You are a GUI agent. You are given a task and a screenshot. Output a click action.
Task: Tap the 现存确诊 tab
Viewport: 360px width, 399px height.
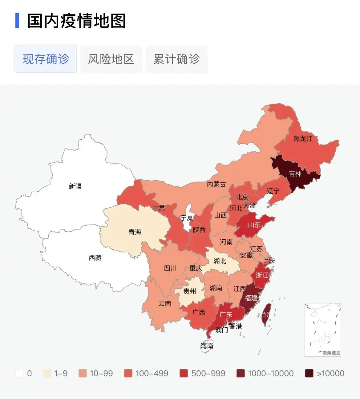pos(46,59)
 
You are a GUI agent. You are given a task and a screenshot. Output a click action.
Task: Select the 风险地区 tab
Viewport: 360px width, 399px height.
pos(111,59)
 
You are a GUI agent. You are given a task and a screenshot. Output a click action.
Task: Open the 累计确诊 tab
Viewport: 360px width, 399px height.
pos(177,59)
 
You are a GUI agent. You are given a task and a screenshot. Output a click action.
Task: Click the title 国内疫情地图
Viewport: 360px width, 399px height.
pos(76,21)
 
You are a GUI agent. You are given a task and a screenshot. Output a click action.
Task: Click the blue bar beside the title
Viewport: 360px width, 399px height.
pos(17,21)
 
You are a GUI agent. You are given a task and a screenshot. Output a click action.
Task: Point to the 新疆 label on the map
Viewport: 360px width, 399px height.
pos(75,186)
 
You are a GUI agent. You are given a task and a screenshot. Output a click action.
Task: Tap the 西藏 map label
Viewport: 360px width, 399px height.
pos(95,257)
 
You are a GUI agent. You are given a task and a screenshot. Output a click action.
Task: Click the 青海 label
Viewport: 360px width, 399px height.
pos(135,232)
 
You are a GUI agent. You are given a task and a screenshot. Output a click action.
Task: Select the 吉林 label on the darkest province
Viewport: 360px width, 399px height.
pos(295,174)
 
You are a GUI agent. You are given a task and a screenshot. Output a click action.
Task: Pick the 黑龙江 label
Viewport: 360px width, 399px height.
pos(303,139)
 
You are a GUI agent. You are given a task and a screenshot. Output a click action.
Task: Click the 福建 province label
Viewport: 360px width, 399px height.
pos(251,298)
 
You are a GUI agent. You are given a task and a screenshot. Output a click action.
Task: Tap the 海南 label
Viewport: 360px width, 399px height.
pos(207,346)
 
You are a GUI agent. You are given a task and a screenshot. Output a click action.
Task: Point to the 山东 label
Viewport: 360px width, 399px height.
pos(254,225)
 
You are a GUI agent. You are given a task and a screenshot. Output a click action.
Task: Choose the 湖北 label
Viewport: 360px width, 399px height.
pos(220,261)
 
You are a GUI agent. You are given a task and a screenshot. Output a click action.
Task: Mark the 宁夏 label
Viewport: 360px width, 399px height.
pos(187,218)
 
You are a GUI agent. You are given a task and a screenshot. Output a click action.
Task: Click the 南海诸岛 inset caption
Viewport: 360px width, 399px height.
pos(331,353)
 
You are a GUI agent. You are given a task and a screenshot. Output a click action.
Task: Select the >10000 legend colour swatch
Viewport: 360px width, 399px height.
pos(309,373)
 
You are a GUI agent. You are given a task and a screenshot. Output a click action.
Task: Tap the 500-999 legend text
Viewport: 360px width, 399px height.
pos(208,373)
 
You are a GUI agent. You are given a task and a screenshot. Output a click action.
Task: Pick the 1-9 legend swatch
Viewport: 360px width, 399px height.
pos(47,373)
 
